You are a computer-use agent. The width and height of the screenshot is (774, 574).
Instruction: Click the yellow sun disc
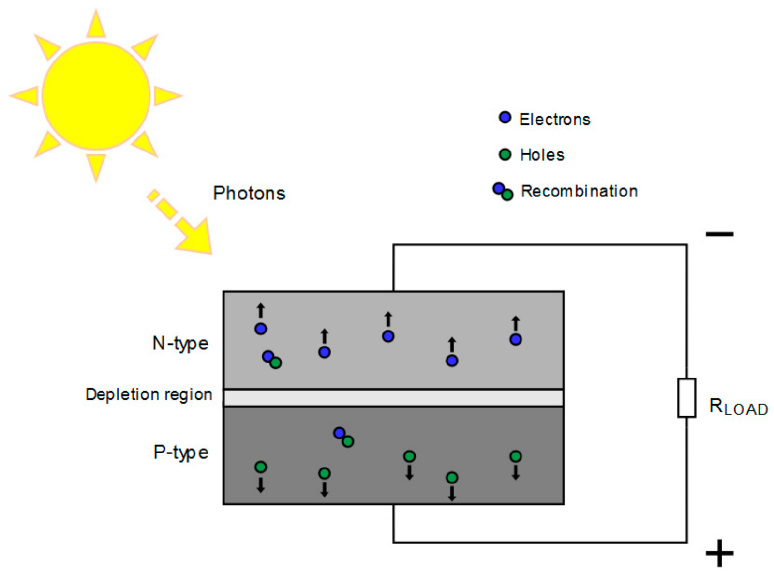pyautogui.click(x=96, y=96)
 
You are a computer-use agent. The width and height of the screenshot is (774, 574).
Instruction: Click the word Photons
pyautogui.click(x=249, y=193)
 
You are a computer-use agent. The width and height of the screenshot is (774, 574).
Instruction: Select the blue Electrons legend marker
pyautogui.click(x=505, y=118)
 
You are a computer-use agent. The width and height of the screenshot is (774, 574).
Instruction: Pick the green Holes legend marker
pyautogui.click(x=505, y=154)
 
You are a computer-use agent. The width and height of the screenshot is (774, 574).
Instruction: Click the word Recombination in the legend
pyautogui.click(x=579, y=191)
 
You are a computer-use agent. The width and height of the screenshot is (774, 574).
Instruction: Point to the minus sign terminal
pyautogui.click(x=719, y=234)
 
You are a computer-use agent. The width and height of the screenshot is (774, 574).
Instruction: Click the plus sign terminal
pyautogui.click(x=719, y=552)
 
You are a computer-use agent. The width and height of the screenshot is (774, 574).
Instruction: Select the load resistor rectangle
pyautogui.click(x=686, y=398)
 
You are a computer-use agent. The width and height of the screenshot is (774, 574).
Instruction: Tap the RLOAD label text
pyautogui.click(x=738, y=407)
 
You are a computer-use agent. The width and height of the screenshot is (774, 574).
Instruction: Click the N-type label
pyautogui.click(x=180, y=343)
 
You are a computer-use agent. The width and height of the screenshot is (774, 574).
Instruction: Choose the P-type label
pyautogui.click(x=181, y=452)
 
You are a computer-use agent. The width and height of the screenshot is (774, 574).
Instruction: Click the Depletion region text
pyautogui.click(x=149, y=394)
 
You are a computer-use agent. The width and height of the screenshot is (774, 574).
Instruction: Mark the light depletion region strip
pyautogui.click(x=393, y=398)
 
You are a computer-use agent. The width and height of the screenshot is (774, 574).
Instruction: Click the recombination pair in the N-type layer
pyautogui.click(x=272, y=360)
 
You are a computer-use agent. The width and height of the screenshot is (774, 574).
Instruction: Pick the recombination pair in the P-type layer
pyautogui.click(x=343, y=437)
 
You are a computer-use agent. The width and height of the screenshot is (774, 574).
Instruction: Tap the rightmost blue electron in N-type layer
pyautogui.click(x=516, y=339)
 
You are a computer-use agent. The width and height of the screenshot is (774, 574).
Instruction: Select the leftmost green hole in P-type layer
pyautogui.click(x=261, y=467)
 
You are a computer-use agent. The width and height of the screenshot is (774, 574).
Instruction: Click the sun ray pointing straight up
pyautogui.click(x=96, y=24)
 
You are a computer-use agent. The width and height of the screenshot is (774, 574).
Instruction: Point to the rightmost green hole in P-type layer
pyautogui.click(x=516, y=456)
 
